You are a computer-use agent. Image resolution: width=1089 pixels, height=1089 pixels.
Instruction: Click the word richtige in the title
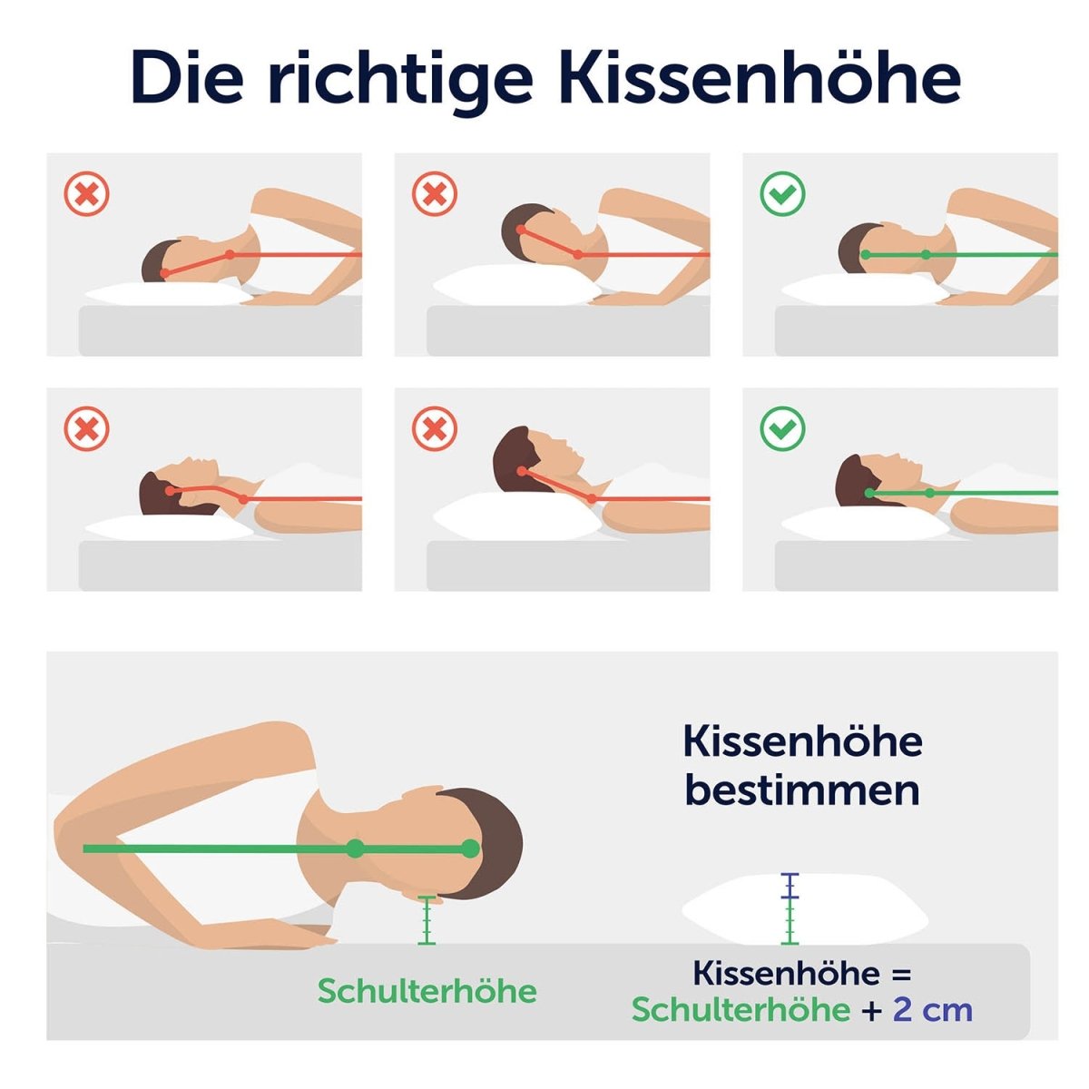click(x=400, y=83)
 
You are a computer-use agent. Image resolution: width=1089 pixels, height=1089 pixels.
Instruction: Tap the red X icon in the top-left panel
click(x=86, y=194)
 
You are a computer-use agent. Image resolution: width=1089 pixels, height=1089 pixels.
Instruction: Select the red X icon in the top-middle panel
click(x=434, y=194)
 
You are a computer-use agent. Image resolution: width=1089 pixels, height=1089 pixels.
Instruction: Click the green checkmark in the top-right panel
click(x=782, y=194)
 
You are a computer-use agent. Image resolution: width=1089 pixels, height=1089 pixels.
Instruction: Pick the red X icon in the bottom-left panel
click(x=86, y=429)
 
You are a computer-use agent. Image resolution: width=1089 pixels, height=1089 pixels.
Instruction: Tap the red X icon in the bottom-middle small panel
click(x=434, y=429)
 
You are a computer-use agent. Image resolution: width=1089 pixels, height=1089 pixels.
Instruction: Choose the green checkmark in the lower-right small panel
click(x=782, y=429)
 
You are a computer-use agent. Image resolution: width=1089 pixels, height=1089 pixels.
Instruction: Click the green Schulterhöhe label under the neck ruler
click(x=427, y=991)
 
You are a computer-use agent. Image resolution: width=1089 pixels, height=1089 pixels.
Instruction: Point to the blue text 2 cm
click(x=933, y=1010)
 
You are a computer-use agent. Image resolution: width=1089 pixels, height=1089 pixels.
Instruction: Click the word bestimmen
click(x=802, y=791)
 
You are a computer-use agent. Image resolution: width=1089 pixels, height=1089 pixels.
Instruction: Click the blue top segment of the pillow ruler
click(x=790, y=886)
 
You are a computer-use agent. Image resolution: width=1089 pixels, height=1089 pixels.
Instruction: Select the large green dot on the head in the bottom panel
click(x=469, y=849)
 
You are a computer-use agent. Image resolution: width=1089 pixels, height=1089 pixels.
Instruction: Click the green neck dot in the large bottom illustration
click(x=355, y=849)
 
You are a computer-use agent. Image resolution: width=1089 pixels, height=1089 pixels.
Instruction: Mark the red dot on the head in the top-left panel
click(x=164, y=273)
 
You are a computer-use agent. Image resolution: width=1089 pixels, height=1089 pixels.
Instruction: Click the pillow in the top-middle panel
click(x=517, y=285)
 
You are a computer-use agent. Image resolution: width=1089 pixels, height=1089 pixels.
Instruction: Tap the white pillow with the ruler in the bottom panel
click(x=805, y=911)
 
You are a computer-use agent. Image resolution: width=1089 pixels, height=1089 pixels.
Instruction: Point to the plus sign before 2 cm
click(x=871, y=1010)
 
